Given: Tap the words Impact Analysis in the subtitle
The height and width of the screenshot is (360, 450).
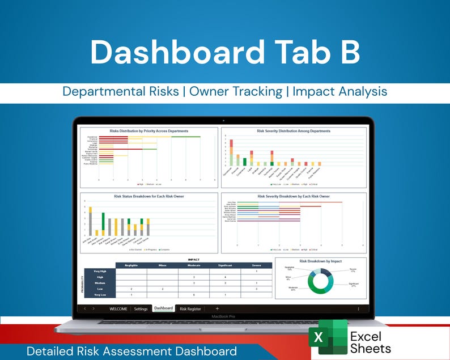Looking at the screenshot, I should tap(339, 91).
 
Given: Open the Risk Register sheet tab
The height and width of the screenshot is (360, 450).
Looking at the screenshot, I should tap(190, 309).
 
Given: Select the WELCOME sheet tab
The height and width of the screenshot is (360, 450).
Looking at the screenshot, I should tap(118, 309).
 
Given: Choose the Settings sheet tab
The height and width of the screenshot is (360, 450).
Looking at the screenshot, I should tap(141, 309).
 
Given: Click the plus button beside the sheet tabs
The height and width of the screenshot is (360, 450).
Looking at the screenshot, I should tap(217, 309).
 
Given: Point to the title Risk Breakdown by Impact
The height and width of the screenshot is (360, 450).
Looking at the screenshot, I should tap(320, 261).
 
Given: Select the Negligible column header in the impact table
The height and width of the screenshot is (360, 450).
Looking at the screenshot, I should tap(130, 265).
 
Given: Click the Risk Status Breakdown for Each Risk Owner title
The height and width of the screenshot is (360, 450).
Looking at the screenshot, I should tap(149, 196).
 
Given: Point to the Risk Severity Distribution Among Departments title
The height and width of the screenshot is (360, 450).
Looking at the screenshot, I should tap(293, 131).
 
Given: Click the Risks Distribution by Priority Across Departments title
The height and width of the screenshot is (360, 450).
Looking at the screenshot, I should tap(149, 131).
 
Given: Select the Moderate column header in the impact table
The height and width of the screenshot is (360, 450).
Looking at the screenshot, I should tap(194, 265).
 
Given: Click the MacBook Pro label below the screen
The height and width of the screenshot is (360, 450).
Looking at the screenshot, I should tap(223, 317).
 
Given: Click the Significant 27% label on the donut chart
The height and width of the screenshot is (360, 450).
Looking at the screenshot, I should tap(353, 285).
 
